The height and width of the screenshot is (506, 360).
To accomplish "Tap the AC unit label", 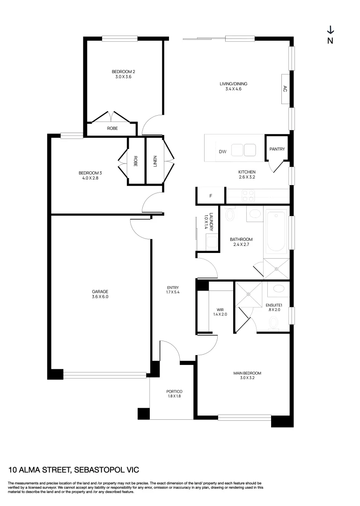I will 284,88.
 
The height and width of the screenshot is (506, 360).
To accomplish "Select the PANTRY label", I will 277,149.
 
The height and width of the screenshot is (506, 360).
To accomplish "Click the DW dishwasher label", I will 222,152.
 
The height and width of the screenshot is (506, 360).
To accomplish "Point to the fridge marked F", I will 211,196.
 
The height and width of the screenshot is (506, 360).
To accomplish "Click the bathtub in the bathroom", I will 276,232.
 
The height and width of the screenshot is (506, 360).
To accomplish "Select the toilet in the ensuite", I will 273,321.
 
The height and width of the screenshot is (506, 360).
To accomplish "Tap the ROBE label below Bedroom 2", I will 112,128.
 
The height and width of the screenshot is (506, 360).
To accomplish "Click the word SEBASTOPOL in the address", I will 96,469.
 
